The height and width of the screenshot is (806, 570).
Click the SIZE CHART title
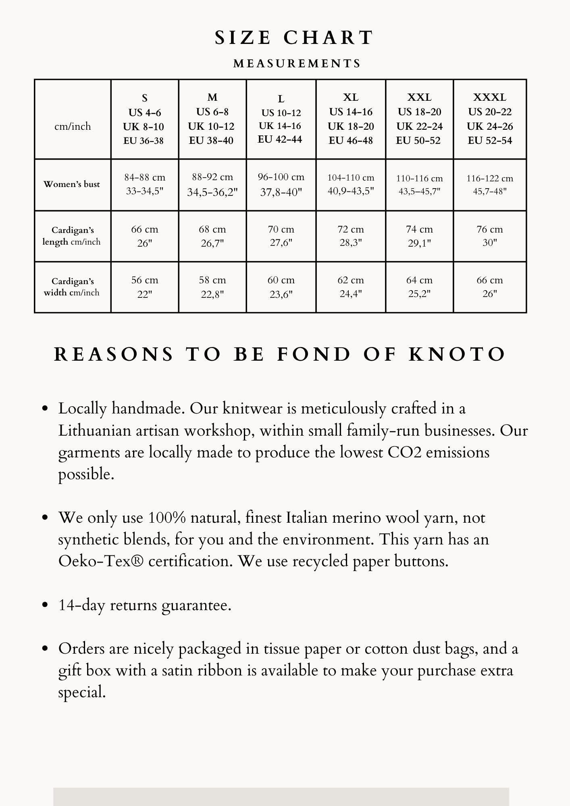[x=294, y=38]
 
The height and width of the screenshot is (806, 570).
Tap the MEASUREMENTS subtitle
[x=297, y=64]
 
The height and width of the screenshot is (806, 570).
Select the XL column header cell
[x=351, y=119]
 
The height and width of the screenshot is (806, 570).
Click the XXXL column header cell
[x=490, y=119]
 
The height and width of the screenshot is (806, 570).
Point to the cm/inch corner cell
[x=73, y=127]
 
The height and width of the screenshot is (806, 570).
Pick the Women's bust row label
[x=72, y=185]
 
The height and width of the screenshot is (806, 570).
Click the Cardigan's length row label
[x=72, y=236]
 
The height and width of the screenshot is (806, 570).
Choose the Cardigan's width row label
[x=72, y=287]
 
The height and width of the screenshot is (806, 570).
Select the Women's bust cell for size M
[x=212, y=185]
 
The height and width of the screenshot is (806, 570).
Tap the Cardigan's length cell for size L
[x=281, y=236]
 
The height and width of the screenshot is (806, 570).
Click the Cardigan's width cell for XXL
[x=419, y=287]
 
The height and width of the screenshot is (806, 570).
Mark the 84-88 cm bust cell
[x=145, y=184]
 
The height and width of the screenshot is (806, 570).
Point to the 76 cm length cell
[x=490, y=236]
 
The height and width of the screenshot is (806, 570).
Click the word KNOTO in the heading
[x=457, y=355]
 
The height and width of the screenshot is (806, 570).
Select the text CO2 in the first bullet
[x=404, y=453]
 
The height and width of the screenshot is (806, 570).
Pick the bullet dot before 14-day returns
[x=45, y=605]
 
